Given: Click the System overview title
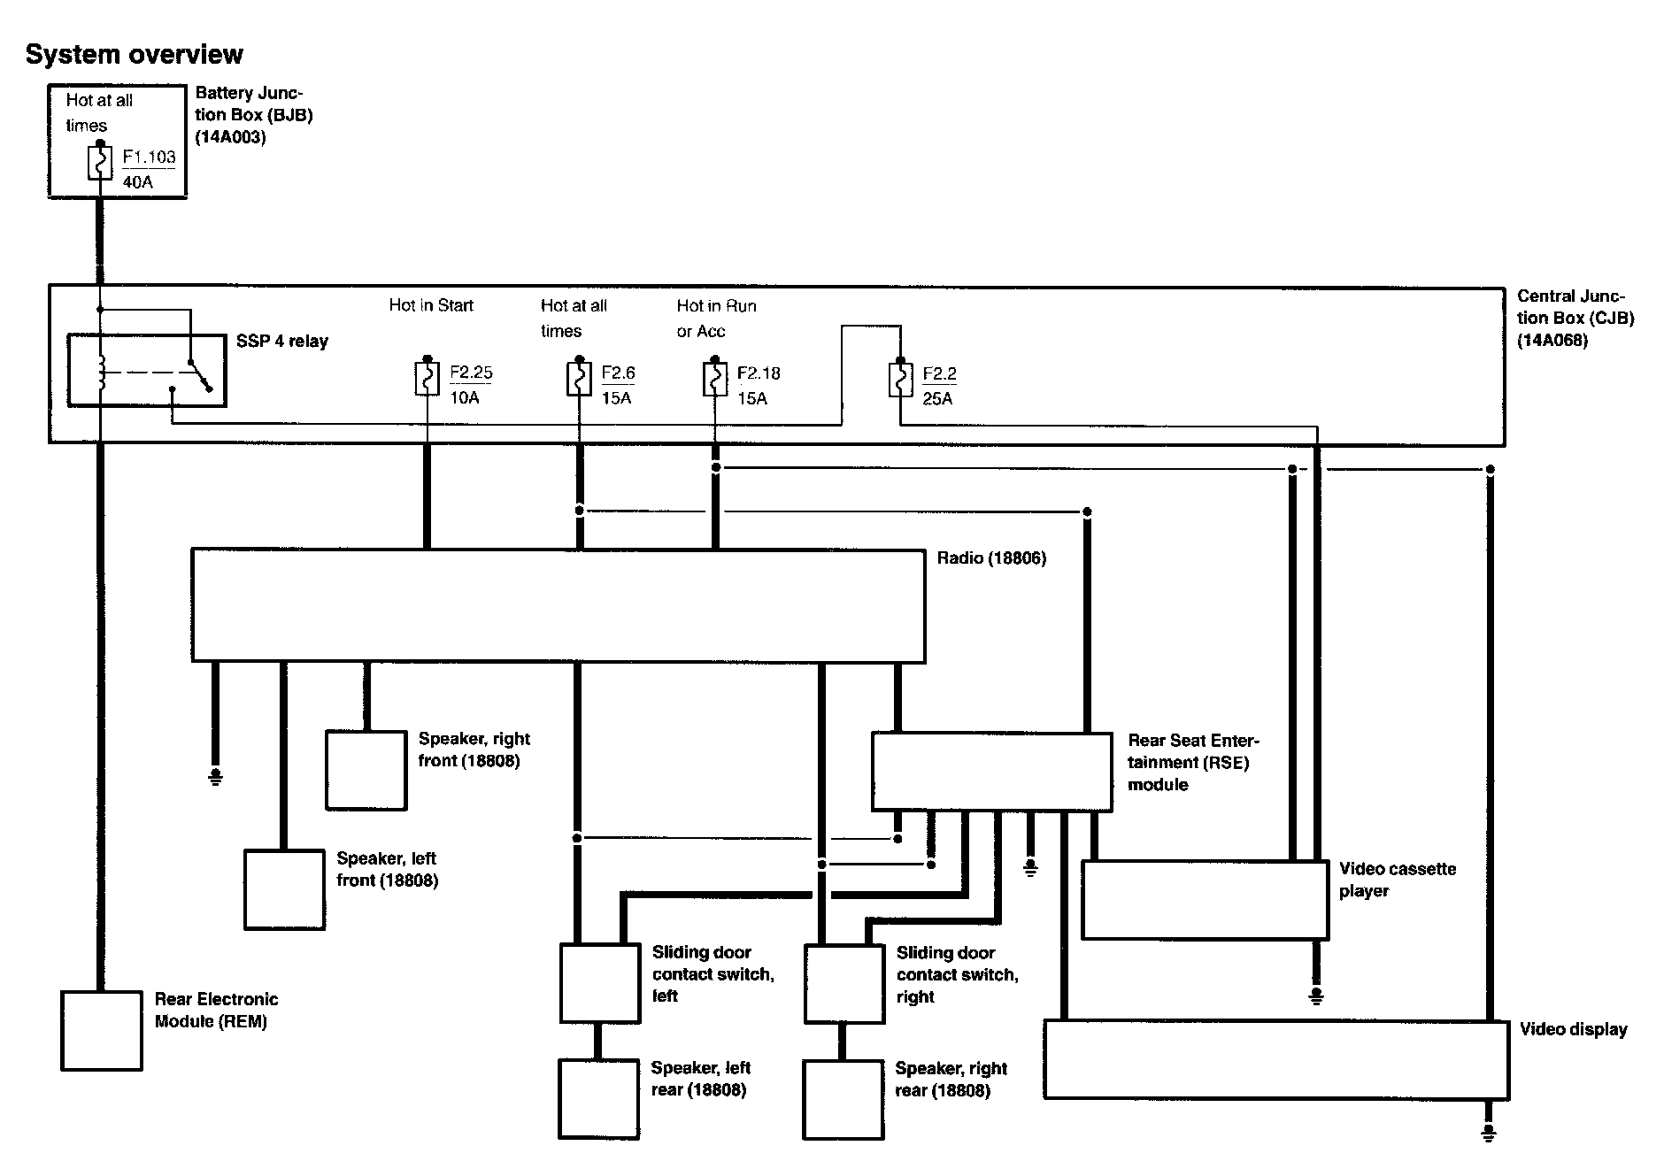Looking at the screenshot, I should tap(134, 54).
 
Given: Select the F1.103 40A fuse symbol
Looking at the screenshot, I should tap(100, 165).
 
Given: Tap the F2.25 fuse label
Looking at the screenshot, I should tap(471, 373).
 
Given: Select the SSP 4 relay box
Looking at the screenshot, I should tap(147, 370).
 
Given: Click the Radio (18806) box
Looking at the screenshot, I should tap(558, 606).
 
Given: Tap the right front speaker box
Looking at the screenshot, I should tap(366, 770).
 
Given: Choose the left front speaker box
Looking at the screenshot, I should tap(284, 889).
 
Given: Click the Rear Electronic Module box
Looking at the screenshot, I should tap(102, 1030).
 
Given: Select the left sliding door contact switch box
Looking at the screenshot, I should tap(599, 983).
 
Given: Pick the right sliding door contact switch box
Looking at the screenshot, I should tap(844, 983).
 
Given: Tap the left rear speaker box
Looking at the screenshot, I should tap(598, 1099).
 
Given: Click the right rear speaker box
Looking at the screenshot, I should tap(843, 1099).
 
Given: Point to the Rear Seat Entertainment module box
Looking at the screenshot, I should tap(991, 771).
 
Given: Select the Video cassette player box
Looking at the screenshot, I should tap(1205, 900).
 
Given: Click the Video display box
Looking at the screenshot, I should tap(1275, 1059).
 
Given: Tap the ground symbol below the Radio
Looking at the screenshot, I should tap(215, 777).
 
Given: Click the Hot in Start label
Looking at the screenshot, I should tap(431, 305).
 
